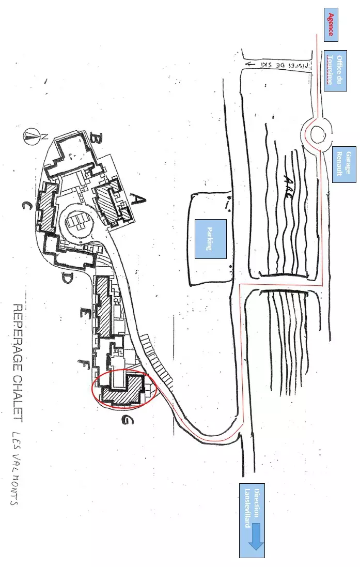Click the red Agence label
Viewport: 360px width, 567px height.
point(331,25)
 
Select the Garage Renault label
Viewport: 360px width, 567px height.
point(345,163)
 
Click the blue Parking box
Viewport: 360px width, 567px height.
point(211,238)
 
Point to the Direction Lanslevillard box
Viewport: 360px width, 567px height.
point(252,520)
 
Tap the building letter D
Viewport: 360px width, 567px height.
point(67,279)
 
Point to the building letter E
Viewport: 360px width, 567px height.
point(83,312)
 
